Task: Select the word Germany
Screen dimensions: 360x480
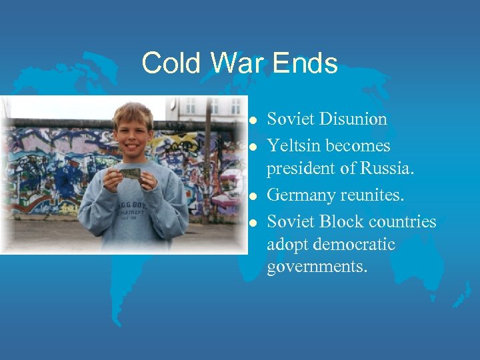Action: click(299, 196)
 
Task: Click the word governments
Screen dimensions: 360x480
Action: click(317, 268)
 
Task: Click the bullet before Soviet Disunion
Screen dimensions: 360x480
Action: click(252, 121)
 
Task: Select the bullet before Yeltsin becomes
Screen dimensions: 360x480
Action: click(252, 146)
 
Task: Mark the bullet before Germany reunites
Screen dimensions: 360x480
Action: click(252, 197)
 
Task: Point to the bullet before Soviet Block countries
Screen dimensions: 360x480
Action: click(252, 222)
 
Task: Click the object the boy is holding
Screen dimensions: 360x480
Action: click(131, 173)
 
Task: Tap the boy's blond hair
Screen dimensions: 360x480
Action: click(133, 111)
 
